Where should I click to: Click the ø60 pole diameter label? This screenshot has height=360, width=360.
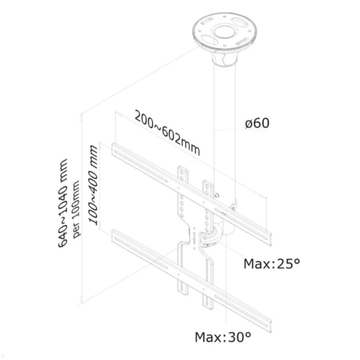click(x=257, y=123)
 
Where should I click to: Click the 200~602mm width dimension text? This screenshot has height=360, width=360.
click(x=167, y=132)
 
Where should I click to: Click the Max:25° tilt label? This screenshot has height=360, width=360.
click(x=271, y=264)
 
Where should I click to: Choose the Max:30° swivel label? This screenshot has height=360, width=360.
click(x=223, y=337)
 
